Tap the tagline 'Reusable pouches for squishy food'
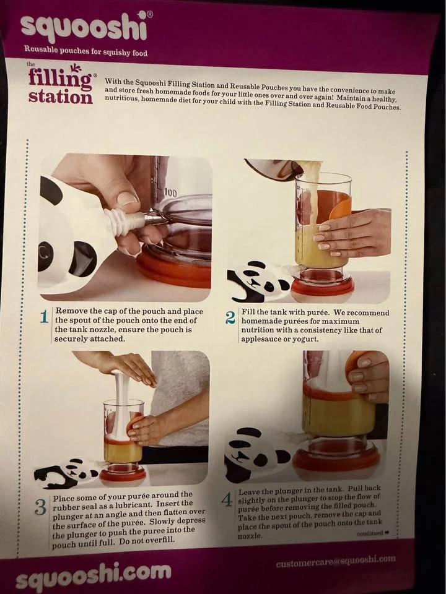click(x=85, y=50)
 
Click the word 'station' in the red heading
click(x=60, y=97)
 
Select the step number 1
click(x=45, y=317)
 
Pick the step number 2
click(x=230, y=317)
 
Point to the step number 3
click(x=40, y=507)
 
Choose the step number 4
click(x=227, y=500)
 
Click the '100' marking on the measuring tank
click(x=170, y=193)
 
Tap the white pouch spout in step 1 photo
click(x=125, y=222)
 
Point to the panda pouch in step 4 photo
click(x=256, y=453)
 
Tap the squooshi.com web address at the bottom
click(x=94, y=574)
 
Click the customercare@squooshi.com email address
click(x=336, y=561)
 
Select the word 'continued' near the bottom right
click(x=369, y=533)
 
